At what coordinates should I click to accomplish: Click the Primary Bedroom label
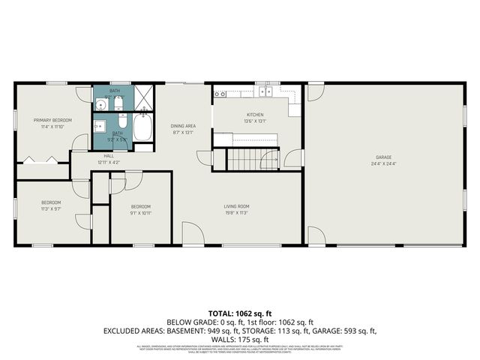(x=52, y=120)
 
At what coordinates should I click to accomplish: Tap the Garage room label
(x=383, y=157)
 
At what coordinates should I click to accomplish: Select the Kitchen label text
(x=255, y=115)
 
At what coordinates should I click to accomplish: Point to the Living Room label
(x=236, y=206)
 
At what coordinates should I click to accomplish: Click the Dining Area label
(x=183, y=126)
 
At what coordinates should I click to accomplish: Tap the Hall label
(x=108, y=156)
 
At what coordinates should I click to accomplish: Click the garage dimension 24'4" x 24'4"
(x=383, y=163)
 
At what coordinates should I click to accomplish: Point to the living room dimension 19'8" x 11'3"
(x=236, y=212)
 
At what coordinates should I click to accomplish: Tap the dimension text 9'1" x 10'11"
(x=141, y=213)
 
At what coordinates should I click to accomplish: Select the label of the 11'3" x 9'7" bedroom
(x=51, y=202)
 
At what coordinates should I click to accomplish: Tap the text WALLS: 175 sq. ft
(x=240, y=338)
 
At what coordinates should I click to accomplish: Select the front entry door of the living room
(x=193, y=235)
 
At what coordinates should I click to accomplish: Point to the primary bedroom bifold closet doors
(x=39, y=160)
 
